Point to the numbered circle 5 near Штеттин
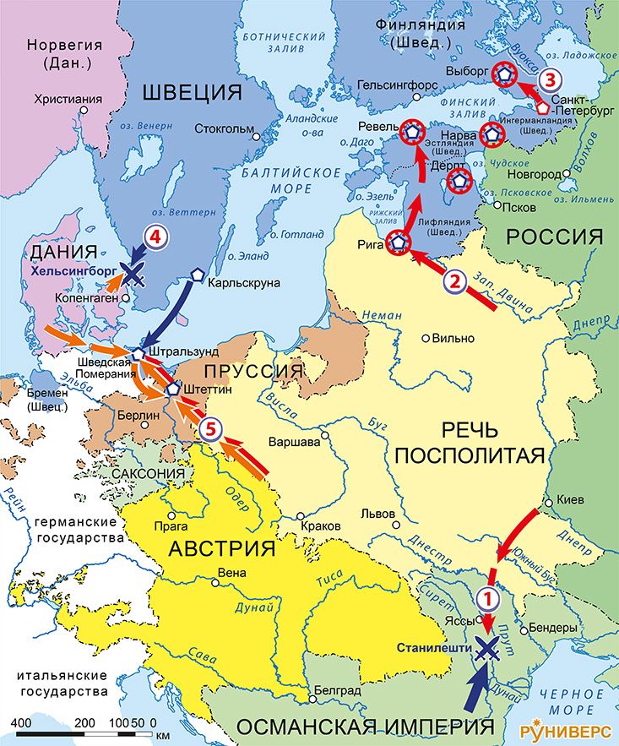212,429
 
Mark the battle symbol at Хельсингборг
132,273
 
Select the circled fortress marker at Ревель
411,132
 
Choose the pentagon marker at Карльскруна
197,275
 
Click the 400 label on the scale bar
21,724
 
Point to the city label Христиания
68,99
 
